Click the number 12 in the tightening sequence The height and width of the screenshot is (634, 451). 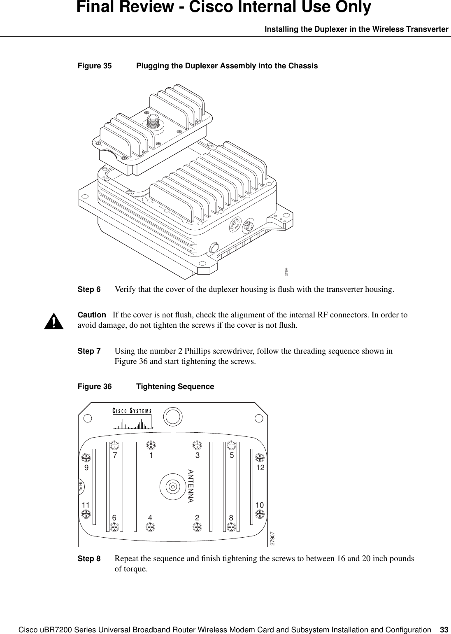tap(259, 468)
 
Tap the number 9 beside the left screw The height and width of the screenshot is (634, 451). tap(86, 468)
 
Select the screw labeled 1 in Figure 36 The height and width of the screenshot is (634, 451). tap(151, 445)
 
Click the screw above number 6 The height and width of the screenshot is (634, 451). tap(114, 527)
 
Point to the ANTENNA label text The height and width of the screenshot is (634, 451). tap(191, 486)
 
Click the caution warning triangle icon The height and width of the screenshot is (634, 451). tap(54, 321)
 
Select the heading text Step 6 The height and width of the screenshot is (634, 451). tap(89, 289)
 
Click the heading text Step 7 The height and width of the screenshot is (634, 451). tap(89, 352)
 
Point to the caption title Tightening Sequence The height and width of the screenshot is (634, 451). tap(175, 387)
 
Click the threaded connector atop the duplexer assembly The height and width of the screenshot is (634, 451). tap(153, 121)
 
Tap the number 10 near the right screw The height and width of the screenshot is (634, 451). tap(259, 505)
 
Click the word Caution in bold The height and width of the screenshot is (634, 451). tap(92, 315)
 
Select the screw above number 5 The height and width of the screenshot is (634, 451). tap(232, 445)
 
